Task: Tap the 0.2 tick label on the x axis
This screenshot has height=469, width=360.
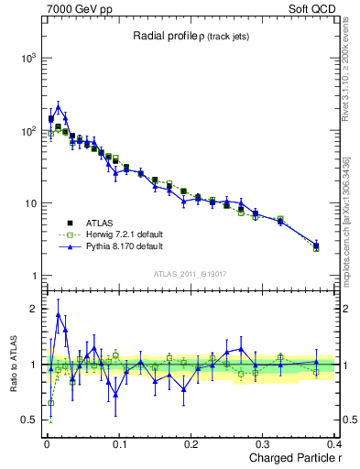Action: [191, 445]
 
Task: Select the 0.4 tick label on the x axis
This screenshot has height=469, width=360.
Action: [335, 445]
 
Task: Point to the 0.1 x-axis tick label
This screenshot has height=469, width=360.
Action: [118, 445]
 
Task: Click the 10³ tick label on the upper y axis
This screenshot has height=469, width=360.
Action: [27, 58]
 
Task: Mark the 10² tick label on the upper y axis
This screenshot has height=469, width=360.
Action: [27, 131]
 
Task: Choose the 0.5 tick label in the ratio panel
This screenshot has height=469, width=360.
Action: [30, 420]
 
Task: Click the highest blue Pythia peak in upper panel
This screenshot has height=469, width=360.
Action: [58, 106]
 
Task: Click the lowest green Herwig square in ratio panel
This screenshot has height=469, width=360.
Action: [50, 402]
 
